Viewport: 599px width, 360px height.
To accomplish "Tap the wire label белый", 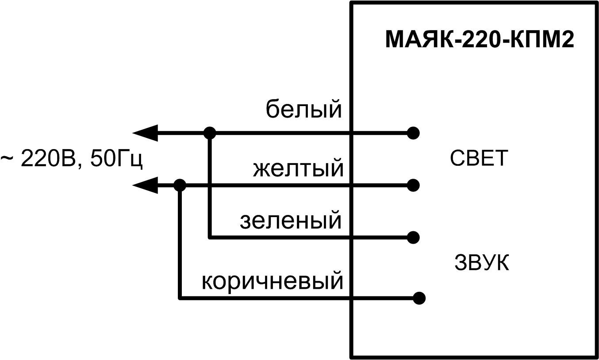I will [x=304, y=110].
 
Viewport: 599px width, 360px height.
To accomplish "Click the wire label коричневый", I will [x=273, y=281].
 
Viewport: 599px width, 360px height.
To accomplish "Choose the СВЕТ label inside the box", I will [x=479, y=158].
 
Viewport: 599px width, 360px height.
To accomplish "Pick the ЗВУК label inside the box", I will [x=482, y=263].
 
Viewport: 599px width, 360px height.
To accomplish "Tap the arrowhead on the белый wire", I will [x=145, y=132].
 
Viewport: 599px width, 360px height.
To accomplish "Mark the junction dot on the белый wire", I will [x=210, y=132].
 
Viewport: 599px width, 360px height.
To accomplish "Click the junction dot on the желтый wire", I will [x=180, y=185].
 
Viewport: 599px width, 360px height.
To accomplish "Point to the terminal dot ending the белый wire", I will [x=413, y=132].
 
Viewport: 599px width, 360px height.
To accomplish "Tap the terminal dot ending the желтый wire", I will [x=413, y=185].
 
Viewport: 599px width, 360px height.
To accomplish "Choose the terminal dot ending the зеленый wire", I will [x=413, y=237].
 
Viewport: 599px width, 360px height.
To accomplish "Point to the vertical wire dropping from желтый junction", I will [x=180, y=243].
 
